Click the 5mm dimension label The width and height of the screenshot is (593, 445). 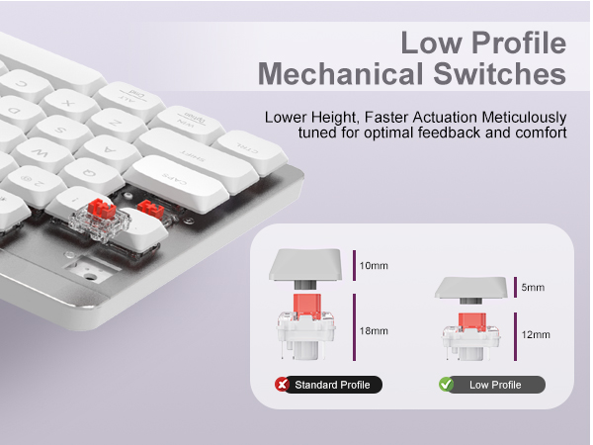tap(534, 288)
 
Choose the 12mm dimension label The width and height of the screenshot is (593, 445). tap(535, 335)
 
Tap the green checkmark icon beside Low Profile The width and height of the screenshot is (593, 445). tap(446, 385)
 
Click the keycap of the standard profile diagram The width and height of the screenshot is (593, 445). tap(307, 265)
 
